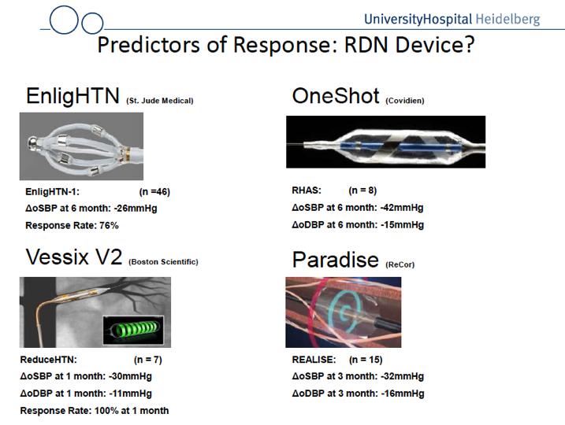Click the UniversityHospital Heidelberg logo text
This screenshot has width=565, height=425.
point(452,19)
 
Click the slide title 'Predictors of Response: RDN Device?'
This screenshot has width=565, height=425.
point(286,45)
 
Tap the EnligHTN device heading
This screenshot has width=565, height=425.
point(72,96)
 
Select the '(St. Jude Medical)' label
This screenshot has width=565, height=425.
point(160,101)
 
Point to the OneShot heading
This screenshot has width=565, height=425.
point(336,96)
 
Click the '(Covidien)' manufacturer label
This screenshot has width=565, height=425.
point(405,101)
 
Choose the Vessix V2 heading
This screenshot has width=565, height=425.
point(74,257)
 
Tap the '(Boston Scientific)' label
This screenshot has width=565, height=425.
point(163,262)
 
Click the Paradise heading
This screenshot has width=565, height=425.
point(336,260)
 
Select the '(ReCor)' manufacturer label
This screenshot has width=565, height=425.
point(400,265)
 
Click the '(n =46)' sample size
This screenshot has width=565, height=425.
point(154,192)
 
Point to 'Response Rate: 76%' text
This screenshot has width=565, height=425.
point(72,226)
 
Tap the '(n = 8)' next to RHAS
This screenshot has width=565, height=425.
point(362,190)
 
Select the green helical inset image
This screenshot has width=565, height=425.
point(133,330)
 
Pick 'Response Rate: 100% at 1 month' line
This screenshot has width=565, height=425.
point(95,411)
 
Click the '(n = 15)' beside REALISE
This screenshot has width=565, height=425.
point(366,360)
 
